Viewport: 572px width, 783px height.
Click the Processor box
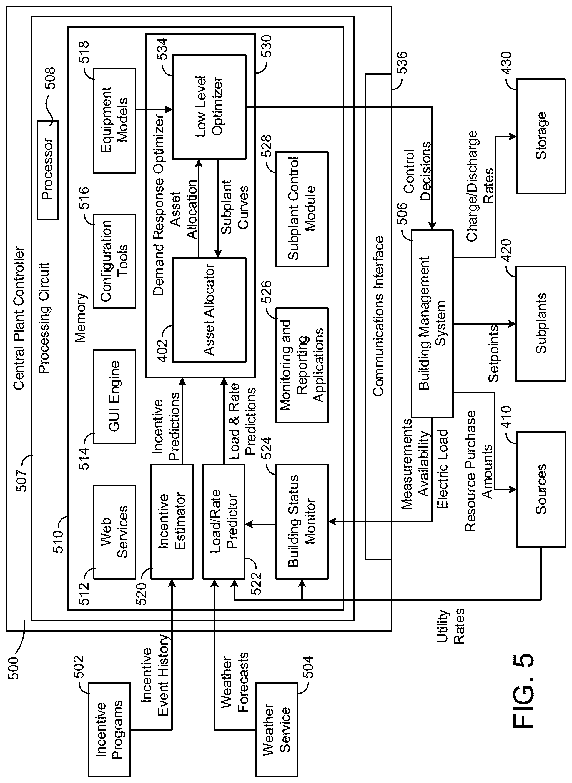48,170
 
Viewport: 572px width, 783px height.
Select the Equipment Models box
115,121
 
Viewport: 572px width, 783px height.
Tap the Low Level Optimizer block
209,107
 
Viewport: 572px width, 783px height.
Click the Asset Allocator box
209,310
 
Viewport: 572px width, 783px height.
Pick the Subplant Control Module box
302,209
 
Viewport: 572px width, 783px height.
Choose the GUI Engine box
115,396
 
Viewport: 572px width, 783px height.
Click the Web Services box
115,532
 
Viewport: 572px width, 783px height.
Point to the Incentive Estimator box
172,522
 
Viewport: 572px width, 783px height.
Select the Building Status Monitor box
302,522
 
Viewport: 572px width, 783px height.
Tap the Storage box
541,136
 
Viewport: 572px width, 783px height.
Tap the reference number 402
162,351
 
